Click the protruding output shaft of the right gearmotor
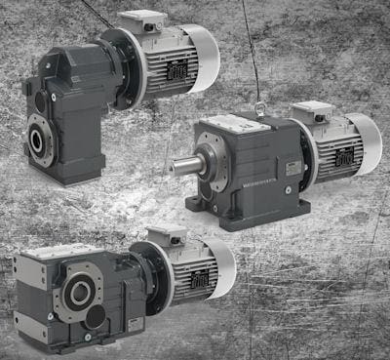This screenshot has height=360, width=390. click(183, 165)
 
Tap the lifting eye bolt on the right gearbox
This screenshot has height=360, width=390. click(259, 109)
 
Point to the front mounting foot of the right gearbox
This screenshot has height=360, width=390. click(205, 204)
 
